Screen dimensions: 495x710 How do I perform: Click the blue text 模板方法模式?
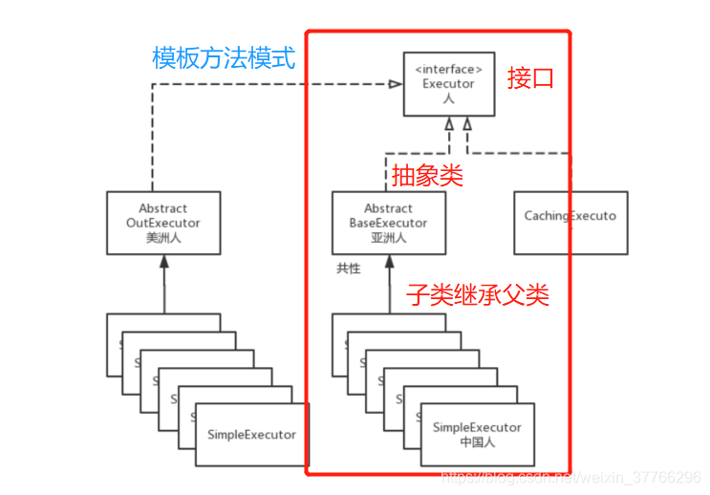pyautogui.click(x=224, y=58)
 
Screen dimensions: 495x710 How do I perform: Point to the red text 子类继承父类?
pyautogui.click(x=478, y=294)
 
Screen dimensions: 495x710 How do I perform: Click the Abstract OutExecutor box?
pyautogui.click(x=162, y=223)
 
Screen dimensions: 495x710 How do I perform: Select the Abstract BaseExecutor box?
pyautogui.click(x=388, y=223)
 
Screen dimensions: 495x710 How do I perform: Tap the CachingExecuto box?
pyautogui.click(x=570, y=223)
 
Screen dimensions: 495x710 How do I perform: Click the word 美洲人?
pyautogui.click(x=162, y=238)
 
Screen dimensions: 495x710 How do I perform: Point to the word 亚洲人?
pyautogui.click(x=388, y=238)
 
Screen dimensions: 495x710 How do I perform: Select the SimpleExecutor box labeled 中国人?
pyautogui.click(x=477, y=435)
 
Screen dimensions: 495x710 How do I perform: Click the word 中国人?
pyautogui.click(x=477, y=442)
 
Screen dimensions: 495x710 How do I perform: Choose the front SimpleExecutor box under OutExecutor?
pyautogui.click(x=251, y=435)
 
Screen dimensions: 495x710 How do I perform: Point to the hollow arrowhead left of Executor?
pyautogui.click(x=395, y=84)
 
